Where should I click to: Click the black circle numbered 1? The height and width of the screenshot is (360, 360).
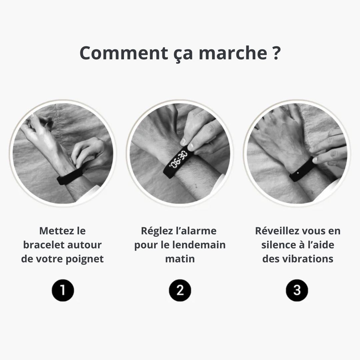(x=63, y=290)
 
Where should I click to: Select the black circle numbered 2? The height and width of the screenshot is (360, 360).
(x=180, y=290)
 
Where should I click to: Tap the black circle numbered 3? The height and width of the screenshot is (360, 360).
(x=297, y=290)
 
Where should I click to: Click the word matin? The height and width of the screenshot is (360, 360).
(x=180, y=259)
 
